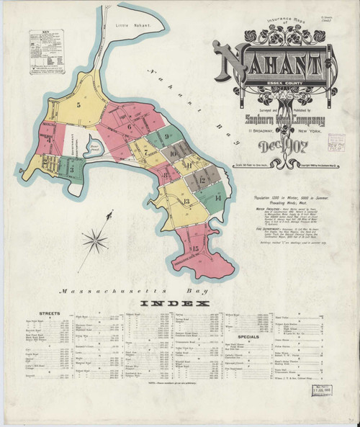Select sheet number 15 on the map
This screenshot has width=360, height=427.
tap(192, 248)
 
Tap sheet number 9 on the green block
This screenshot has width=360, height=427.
tap(166, 135)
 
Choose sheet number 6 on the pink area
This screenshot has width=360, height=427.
tap(130, 129)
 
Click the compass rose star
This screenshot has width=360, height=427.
tap(94, 241)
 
